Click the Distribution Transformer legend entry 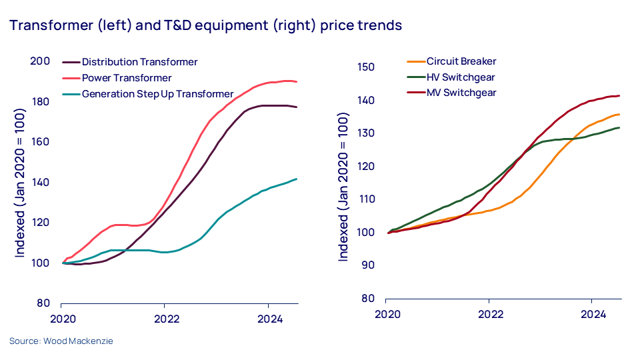pyautogui.click(x=139, y=62)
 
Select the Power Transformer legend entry pyautogui.click(x=126, y=78)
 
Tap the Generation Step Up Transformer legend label pyautogui.click(x=157, y=94)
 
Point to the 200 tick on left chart pyautogui.click(x=41, y=61)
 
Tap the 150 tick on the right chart pyautogui.click(x=365, y=67)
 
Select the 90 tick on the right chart pyautogui.click(x=368, y=265)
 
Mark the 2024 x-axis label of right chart pyautogui.click(x=592, y=313)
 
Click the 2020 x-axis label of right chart pyautogui.click(x=387, y=313)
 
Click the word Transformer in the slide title pyautogui.click(x=46, y=25)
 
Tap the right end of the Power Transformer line pyautogui.click(x=297, y=82)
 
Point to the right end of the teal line pyautogui.click(x=297, y=179)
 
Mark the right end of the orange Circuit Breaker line pyautogui.click(x=619, y=114)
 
